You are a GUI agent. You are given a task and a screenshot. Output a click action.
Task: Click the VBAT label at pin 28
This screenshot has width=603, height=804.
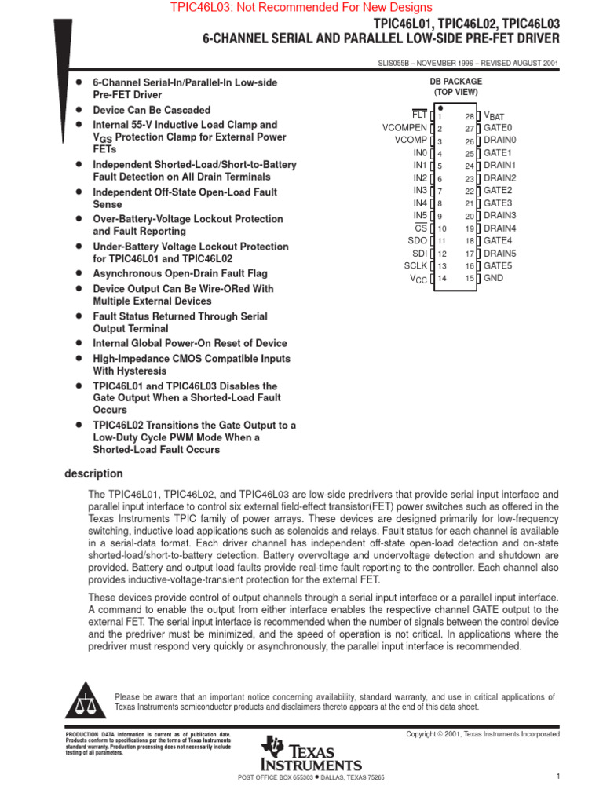click(x=495, y=116)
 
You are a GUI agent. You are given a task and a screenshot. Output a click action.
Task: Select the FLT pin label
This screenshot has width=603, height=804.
click(x=419, y=115)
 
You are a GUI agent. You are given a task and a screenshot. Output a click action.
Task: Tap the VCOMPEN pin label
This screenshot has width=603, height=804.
click(x=405, y=128)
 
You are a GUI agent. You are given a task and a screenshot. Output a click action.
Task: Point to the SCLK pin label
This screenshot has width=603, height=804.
click(x=415, y=266)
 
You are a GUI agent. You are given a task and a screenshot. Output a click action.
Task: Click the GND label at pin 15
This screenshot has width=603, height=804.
click(x=494, y=278)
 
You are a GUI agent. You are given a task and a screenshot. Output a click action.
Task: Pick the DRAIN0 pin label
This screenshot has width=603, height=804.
click(x=500, y=141)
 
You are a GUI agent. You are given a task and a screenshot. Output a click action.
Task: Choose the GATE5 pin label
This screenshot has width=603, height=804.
click(x=498, y=266)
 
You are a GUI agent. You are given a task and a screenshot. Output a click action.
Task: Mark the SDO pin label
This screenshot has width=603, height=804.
click(x=418, y=241)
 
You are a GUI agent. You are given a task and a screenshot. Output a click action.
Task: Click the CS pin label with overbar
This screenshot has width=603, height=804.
click(x=421, y=228)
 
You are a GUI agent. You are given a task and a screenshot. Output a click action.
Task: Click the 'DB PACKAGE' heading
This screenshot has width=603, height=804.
click(x=455, y=82)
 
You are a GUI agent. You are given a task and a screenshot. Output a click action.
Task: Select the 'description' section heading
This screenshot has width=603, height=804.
click(x=93, y=473)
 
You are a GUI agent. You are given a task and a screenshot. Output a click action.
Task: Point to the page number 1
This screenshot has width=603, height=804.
click(x=557, y=777)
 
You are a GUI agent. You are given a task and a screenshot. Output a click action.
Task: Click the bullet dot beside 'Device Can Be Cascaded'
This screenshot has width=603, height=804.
click(x=79, y=111)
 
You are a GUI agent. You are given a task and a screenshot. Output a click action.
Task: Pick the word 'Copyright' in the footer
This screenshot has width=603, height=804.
click(x=422, y=734)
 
